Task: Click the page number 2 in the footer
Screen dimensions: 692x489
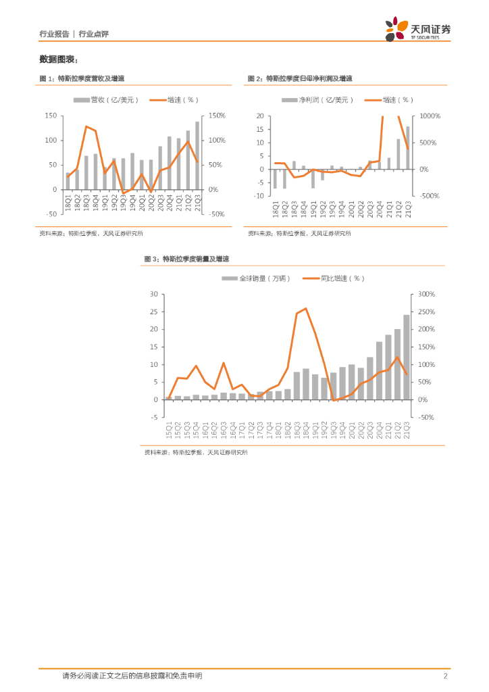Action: (446, 676)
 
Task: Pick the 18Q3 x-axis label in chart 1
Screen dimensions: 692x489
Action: (86, 203)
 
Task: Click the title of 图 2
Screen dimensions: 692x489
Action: (300, 79)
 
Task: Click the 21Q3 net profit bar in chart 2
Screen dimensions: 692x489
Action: (407, 147)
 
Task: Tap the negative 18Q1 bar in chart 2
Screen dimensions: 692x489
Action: (275, 178)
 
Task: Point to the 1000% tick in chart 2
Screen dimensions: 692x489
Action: (430, 116)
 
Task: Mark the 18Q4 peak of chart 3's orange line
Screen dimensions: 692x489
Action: (306, 309)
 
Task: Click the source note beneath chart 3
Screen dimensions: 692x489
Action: (196, 452)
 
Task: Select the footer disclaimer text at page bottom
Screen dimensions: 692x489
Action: (132, 676)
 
